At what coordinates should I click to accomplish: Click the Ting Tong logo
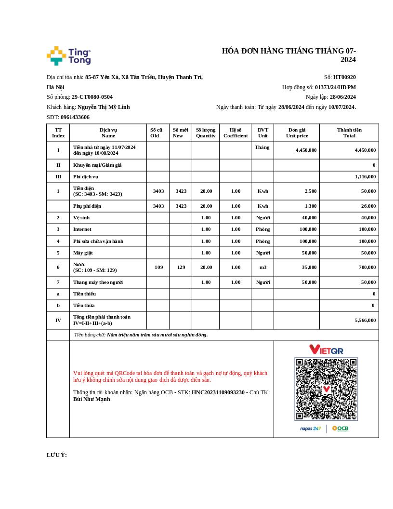click(x=68, y=56)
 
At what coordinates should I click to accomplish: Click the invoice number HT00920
click(x=344, y=77)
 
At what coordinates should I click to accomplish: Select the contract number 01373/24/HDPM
click(x=335, y=87)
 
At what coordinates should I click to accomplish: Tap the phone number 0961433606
click(x=75, y=117)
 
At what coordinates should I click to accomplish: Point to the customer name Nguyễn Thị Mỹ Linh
click(x=104, y=107)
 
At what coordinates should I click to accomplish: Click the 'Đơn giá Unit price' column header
click(x=297, y=133)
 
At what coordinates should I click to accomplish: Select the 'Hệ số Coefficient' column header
click(x=236, y=133)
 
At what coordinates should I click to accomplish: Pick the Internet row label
click(x=82, y=229)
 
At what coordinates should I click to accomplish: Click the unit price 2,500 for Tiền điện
click(x=311, y=191)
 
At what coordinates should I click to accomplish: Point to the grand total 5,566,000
click(x=365, y=320)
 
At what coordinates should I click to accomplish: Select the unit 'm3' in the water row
click(x=263, y=268)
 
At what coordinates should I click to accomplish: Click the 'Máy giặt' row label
click(x=83, y=253)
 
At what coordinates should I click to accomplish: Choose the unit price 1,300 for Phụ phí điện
click(x=311, y=206)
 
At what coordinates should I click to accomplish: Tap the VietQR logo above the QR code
click(x=326, y=349)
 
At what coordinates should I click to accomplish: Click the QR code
click(x=326, y=389)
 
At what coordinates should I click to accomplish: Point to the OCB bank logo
click(x=340, y=429)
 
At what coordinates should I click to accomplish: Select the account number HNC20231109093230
click(x=218, y=392)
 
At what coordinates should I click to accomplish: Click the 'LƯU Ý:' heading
click(x=57, y=455)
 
